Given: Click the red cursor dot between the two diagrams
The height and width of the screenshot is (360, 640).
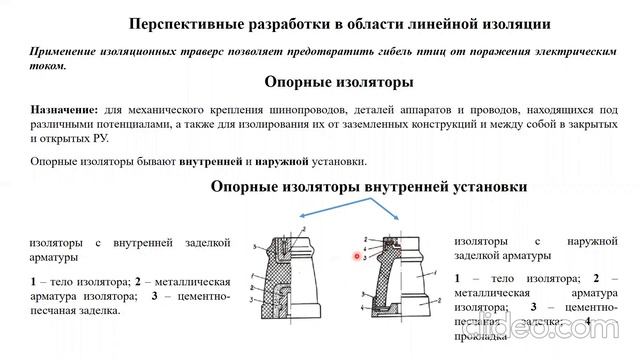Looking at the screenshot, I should point(357,256).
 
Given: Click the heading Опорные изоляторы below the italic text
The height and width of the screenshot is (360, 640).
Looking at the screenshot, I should point(339,83).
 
